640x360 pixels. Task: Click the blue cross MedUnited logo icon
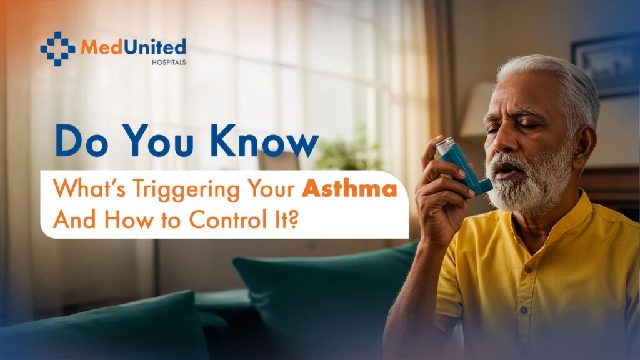(x=57, y=49)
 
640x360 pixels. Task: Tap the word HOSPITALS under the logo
(x=169, y=62)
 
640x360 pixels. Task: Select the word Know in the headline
(x=264, y=141)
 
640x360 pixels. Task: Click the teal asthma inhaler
(x=464, y=164)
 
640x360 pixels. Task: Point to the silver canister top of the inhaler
(x=445, y=144)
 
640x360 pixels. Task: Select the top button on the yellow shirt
(x=529, y=270)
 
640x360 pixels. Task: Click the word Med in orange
(x=101, y=47)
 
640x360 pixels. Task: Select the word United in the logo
(x=154, y=47)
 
